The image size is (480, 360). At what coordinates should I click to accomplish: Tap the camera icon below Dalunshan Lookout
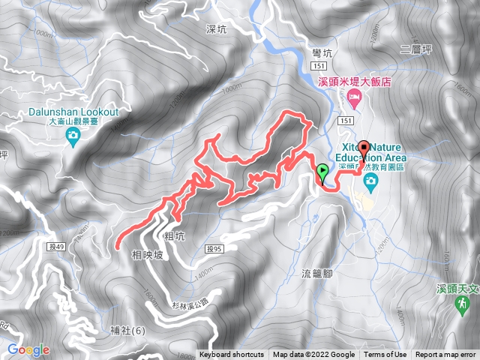[x=73, y=135]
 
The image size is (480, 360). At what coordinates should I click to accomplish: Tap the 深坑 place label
[x=214, y=29]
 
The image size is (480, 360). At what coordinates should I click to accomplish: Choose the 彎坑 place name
[x=320, y=52]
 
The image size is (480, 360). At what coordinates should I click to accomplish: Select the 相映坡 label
[x=145, y=255]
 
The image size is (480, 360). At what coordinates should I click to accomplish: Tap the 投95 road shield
[x=214, y=249]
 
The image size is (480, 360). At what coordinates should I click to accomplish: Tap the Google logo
[x=28, y=349]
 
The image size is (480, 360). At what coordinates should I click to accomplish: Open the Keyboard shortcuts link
[x=232, y=355]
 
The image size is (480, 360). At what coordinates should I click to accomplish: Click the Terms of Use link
[x=385, y=355]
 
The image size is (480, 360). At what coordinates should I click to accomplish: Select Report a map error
[x=445, y=355]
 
